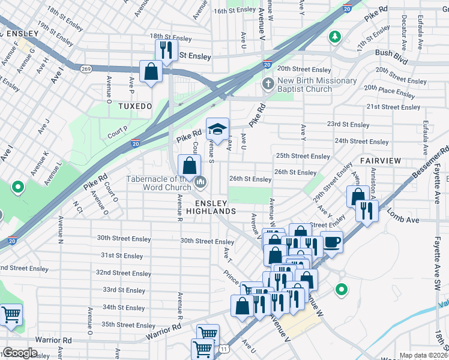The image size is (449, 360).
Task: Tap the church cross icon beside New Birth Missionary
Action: tap(268, 84)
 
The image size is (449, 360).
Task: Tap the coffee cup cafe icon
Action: tap(331, 242)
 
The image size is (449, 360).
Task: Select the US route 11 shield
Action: tap(224, 348)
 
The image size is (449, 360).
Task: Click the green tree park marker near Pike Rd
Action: tap(334, 37)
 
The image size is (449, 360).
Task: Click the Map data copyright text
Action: tap(423, 355)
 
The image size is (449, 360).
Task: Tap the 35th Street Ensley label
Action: tap(128, 325)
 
